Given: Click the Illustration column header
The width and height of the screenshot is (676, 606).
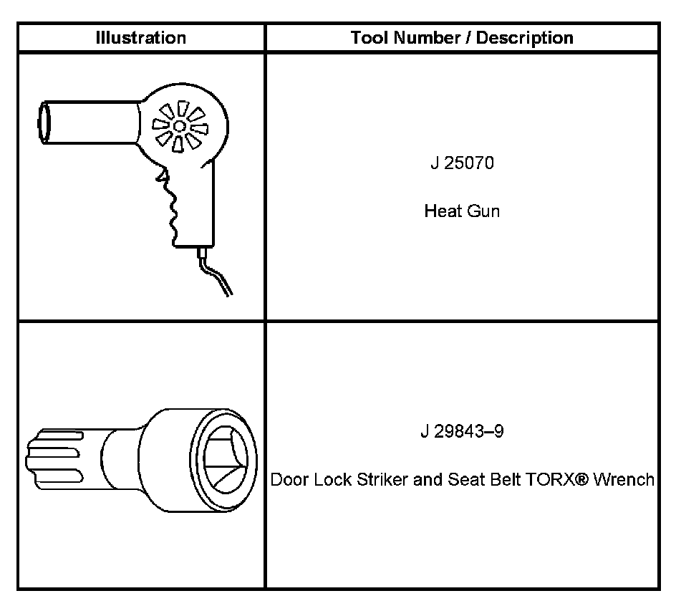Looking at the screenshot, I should (x=141, y=38).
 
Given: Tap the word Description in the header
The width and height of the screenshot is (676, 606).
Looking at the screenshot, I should (x=527, y=38).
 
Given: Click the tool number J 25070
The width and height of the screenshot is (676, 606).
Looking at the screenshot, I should (x=462, y=164).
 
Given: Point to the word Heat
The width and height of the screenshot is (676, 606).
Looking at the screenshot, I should (x=440, y=211).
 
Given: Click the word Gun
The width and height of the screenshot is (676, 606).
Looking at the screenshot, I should (x=483, y=211).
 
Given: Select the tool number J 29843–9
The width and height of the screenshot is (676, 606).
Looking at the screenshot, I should (x=462, y=433).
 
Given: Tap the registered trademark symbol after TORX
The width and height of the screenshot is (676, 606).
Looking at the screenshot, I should (x=582, y=478).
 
